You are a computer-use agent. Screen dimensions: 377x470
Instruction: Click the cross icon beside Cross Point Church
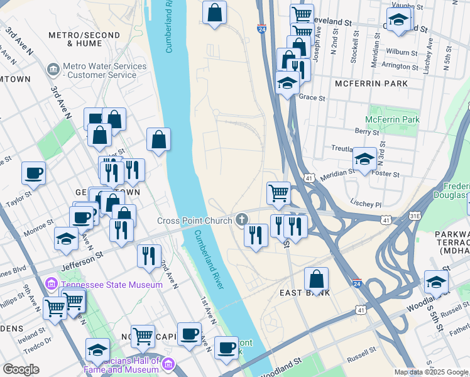tap(241, 220)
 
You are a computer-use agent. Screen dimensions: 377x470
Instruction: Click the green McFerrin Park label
tap(392, 119)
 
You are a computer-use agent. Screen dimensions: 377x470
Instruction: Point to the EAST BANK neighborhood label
tap(300, 293)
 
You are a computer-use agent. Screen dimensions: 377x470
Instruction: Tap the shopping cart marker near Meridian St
tap(278, 193)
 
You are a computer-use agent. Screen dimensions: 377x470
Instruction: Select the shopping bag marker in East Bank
tap(317, 278)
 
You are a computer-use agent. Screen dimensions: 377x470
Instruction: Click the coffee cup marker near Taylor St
tap(33, 173)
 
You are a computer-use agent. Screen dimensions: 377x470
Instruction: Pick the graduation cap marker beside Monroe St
tap(66, 238)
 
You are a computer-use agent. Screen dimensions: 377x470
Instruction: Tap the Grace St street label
tap(312, 97)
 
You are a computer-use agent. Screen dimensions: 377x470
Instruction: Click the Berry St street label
tap(367, 132)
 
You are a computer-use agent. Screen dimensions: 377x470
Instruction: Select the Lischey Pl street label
tap(368, 205)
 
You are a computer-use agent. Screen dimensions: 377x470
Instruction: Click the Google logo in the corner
tap(21, 369)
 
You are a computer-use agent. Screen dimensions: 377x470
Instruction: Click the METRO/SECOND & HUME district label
tap(75, 39)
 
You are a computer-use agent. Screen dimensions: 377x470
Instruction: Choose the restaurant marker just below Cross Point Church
tap(255, 235)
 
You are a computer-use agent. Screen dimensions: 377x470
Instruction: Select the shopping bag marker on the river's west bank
tap(159, 139)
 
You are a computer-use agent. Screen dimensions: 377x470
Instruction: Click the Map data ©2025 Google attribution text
tap(431, 372)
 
